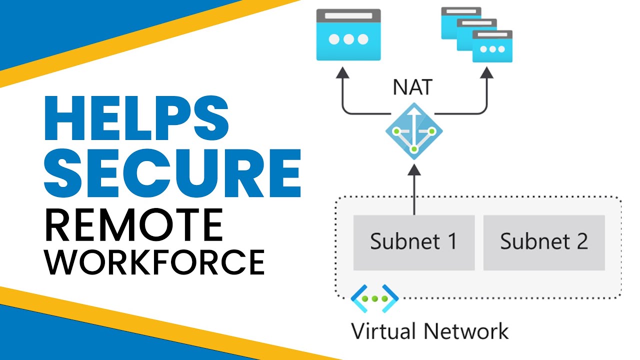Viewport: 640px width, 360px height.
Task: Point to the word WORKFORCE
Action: (154, 260)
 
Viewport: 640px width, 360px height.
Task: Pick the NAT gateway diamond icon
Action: (414, 131)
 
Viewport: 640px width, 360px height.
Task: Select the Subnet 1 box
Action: (413, 242)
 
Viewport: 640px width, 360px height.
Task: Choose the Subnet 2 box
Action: (544, 242)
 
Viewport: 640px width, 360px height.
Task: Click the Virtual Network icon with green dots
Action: (374, 298)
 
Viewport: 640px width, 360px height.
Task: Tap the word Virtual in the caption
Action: (383, 331)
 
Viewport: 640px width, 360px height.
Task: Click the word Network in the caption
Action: (466, 331)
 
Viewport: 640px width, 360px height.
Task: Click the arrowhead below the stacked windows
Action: (487, 73)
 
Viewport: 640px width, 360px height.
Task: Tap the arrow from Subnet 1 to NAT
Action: (414, 190)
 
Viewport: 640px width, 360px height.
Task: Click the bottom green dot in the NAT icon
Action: (414, 149)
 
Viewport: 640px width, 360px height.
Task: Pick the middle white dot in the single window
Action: (348, 39)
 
